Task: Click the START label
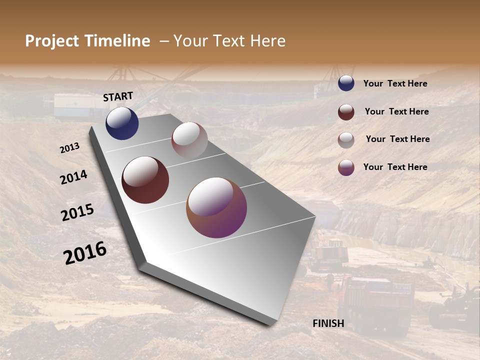[x=118, y=96]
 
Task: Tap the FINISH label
[x=328, y=323]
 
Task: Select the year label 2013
[x=69, y=148]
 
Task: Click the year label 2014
[x=73, y=177]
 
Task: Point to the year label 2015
[x=77, y=212]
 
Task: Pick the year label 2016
[x=85, y=252]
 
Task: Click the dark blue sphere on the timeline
[x=122, y=123]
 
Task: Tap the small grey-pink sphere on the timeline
[x=189, y=140]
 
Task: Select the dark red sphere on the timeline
[x=145, y=180]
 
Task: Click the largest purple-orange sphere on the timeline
[x=216, y=207]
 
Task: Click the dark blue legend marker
[x=346, y=83]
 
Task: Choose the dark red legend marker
[x=346, y=112]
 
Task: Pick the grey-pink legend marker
[x=346, y=140]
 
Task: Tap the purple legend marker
[x=346, y=167]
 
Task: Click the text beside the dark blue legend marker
[x=395, y=83]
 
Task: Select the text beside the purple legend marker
[x=395, y=167]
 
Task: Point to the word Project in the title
[x=52, y=41]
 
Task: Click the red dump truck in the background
[x=375, y=300]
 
